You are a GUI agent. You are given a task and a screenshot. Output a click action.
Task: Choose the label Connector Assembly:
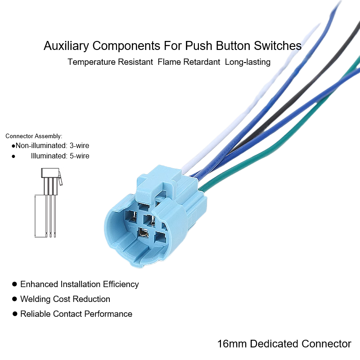click(x=34, y=136)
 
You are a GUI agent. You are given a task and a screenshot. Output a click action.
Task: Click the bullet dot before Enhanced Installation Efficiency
click(x=15, y=284)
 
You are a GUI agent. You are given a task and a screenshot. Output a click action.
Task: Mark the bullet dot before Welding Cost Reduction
click(x=15, y=299)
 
